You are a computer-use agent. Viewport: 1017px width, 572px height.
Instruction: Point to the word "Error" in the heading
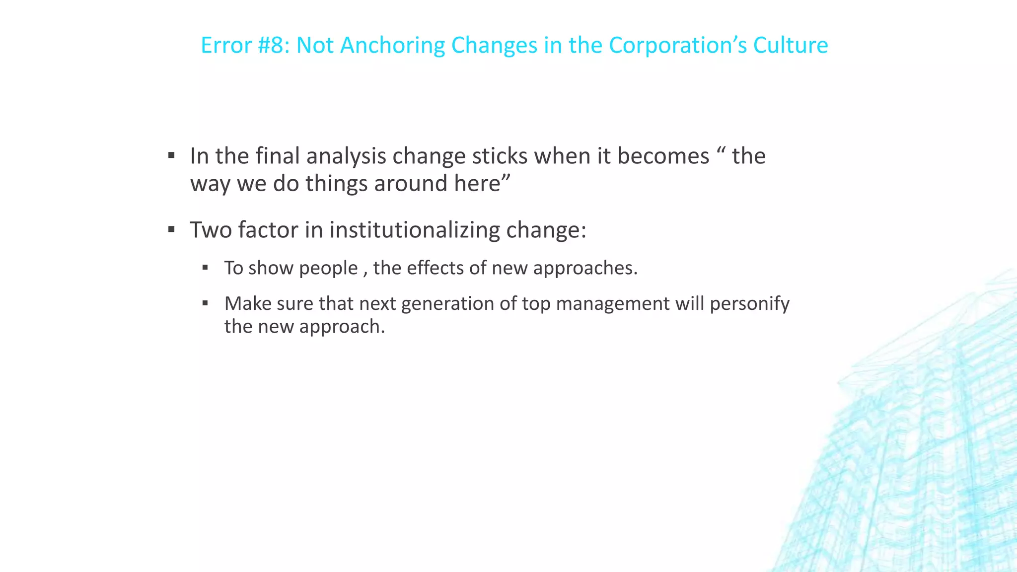coord(226,45)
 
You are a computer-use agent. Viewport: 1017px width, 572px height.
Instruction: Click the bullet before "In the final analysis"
coord(171,156)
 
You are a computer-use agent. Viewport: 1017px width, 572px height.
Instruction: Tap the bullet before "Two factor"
coord(171,229)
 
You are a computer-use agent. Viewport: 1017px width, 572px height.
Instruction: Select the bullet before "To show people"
coord(205,268)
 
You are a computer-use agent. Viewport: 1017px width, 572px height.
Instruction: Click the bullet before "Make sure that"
coord(205,303)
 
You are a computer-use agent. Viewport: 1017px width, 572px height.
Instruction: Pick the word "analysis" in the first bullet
coord(346,156)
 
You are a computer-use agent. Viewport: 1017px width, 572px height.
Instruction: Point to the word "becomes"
coord(663,156)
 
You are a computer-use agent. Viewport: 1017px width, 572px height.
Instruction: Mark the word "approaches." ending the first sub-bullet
coord(585,269)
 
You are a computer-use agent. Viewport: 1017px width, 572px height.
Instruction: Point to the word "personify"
coord(749,304)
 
